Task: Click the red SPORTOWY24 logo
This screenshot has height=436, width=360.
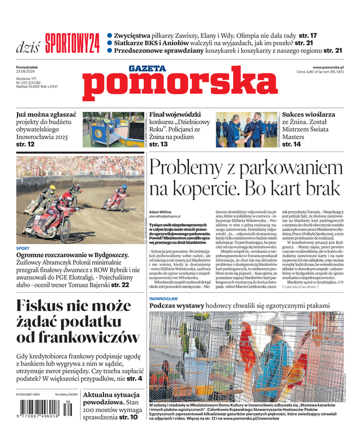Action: pyautogui.click(x=72, y=42)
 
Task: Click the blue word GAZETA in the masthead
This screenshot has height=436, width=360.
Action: pyautogui.click(x=147, y=69)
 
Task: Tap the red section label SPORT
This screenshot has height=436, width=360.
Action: pyautogui.click(x=22, y=248)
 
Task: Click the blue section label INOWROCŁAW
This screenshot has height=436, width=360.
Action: pyautogui.click(x=163, y=299)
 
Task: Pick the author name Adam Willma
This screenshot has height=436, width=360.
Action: pyautogui.click(x=162, y=211)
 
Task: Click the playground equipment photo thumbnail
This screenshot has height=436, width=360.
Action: pyautogui.click(x=113, y=130)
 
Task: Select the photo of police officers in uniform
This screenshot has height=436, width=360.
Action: pyautogui.click(x=247, y=130)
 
